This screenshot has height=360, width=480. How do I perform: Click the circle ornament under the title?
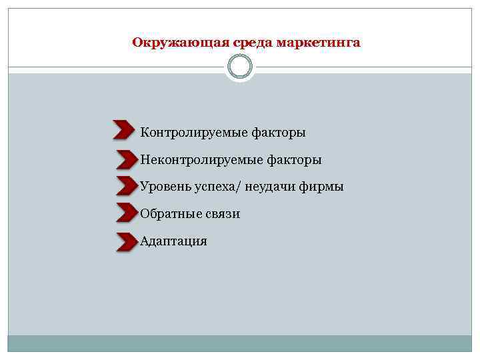pyautogui.click(x=240, y=67)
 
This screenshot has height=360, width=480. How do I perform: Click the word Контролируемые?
pyautogui.click(x=193, y=133)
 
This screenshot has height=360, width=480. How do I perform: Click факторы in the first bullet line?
pyautogui.click(x=279, y=133)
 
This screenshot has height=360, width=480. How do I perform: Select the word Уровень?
pyautogui.click(x=164, y=187)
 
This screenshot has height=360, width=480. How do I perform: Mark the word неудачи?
pyautogui.click(x=271, y=187)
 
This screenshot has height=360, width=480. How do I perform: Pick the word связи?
pyautogui.click(x=222, y=214)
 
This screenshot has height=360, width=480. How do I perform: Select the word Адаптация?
pyautogui.click(x=174, y=241)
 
